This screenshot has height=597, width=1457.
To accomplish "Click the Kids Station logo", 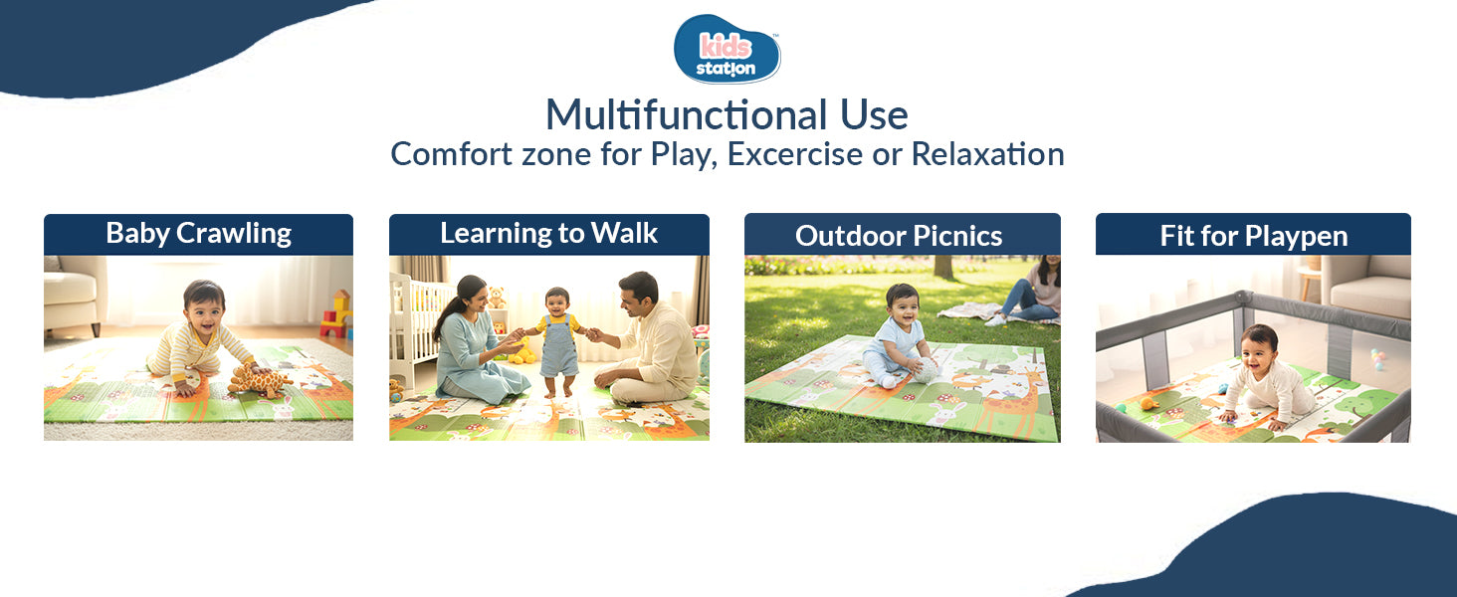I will coord(728,49).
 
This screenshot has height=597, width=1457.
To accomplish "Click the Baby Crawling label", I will coord(198,234).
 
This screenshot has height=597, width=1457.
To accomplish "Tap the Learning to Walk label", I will coord(548,234).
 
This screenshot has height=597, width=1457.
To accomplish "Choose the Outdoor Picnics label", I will coord(898,236).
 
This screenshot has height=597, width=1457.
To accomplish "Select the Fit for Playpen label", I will coord(1253,236).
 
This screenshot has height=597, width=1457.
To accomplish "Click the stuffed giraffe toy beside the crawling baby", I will coord(258,379).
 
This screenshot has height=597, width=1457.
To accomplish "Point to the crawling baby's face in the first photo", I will coord(205,300).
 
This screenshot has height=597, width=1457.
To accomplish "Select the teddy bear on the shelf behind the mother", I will coord(495,298).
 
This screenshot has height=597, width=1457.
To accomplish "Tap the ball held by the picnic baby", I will coord(926,370).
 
